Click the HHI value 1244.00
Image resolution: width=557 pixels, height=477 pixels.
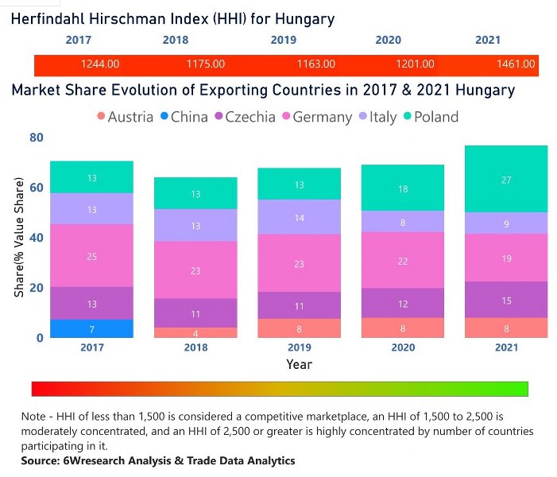pyautogui.click(x=100, y=64)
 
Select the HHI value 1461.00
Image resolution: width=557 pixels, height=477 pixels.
pyautogui.click(x=516, y=64)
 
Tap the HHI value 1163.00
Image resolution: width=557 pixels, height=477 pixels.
pyautogui.click(x=315, y=64)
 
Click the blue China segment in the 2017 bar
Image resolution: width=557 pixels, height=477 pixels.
pyautogui.click(x=92, y=328)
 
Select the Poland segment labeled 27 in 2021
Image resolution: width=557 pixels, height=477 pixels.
pyautogui.click(x=506, y=179)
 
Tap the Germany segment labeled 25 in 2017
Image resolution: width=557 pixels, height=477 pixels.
pyautogui.click(x=92, y=256)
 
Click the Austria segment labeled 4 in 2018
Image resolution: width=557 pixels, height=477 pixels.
pyautogui.click(x=195, y=333)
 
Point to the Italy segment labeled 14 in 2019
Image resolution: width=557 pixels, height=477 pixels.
pyautogui.click(x=300, y=217)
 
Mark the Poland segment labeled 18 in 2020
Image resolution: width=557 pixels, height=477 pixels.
pyautogui.click(x=403, y=188)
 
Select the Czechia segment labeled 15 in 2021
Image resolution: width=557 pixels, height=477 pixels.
pyautogui.click(x=506, y=300)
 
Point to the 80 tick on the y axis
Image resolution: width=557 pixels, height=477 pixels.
pyautogui.click(x=36, y=138)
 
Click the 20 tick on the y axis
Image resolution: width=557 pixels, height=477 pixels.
pyautogui.click(x=36, y=288)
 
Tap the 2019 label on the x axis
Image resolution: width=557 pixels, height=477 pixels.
pyautogui.click(x=299, y=348)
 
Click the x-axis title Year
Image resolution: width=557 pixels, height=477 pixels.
pyautogui.click(x=300, y=364)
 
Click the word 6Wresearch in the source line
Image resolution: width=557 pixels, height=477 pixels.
pyautogui.click(x=95, y=461)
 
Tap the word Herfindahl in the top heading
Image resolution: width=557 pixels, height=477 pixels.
pyautogui.click(x=51, y=18)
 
